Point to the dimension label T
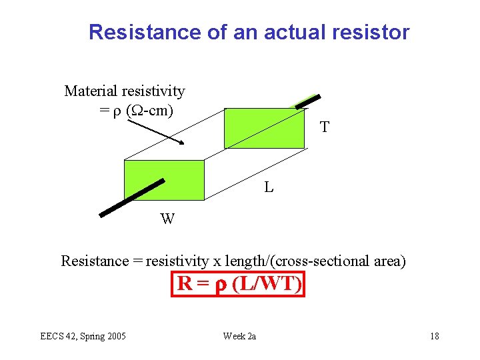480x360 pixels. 324,127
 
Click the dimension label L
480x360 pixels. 268,188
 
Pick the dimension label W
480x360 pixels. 167,219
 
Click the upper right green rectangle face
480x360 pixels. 265,127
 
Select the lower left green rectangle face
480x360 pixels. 164,179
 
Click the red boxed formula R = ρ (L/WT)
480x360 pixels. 238,284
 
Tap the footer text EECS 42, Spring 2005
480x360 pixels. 83,335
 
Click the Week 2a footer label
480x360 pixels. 239,335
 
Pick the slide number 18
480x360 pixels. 434,335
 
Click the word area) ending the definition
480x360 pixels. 389,261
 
